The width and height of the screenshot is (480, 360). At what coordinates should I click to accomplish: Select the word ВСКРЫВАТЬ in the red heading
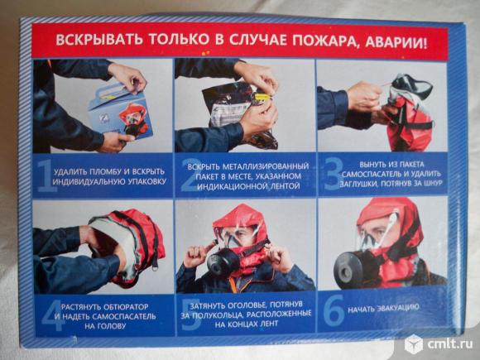(x=98, y=39)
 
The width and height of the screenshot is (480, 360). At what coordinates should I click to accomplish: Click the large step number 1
(x=46, y=176)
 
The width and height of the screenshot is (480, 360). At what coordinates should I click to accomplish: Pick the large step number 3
(x=334, y=174)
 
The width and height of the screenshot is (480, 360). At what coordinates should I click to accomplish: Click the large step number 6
(x=334, y=310)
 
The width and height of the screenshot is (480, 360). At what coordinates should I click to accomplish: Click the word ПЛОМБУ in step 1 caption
(x=102, y=172)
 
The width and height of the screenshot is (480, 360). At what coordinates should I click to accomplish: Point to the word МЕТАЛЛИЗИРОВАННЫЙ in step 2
(x=265, y=166)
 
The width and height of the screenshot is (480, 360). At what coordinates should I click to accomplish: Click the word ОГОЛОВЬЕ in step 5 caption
(x=245, y=305)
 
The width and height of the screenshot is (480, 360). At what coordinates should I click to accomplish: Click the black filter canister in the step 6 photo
(x=348, y=269)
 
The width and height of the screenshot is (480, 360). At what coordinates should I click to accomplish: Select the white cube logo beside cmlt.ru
(x=414, y=344)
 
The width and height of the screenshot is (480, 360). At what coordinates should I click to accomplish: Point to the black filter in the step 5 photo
(x=223, y=263)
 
